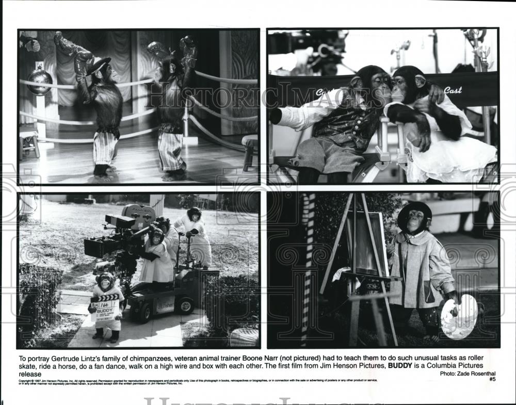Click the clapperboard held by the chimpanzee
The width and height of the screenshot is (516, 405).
106,308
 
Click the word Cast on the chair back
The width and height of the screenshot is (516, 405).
453,90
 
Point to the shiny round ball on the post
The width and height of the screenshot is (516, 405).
40,82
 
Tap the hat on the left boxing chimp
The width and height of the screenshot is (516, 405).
98,64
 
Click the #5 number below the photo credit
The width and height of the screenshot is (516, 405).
492,379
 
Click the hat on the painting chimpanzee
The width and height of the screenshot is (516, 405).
414,209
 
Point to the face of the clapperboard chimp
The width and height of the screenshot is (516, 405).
106,282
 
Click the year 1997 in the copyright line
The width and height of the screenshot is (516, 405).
35,380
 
